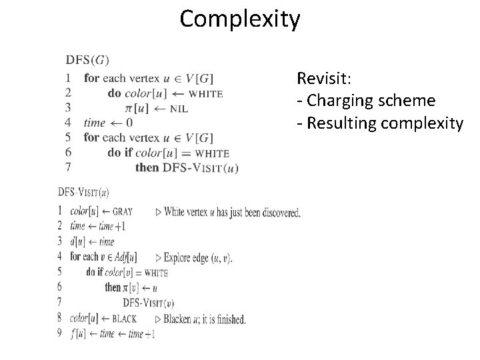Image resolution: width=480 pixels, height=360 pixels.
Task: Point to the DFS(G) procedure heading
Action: pos(87,60)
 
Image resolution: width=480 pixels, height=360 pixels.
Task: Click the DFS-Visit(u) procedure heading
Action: pos(84,192)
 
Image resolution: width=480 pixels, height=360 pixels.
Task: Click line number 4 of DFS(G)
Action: pos(68,123)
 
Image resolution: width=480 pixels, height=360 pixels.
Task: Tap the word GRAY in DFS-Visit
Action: pos(123,212)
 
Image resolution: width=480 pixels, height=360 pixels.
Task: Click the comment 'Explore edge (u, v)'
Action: pos(199,257)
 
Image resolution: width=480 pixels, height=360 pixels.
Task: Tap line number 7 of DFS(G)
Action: pos(68,167)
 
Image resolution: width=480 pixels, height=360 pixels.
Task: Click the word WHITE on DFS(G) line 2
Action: pos(203,94)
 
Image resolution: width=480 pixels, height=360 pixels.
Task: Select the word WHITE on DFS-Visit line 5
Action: pos(156,273)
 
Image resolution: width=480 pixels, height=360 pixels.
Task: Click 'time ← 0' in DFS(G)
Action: pos(108,123)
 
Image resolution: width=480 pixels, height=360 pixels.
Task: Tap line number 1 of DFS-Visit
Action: pos(60,211)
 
